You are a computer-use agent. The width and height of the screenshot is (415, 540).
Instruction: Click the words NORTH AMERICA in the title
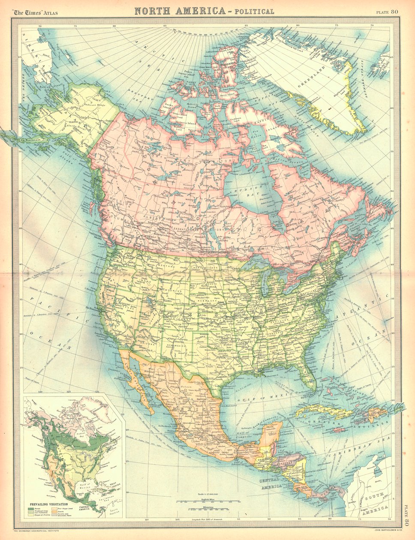(180, 11)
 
